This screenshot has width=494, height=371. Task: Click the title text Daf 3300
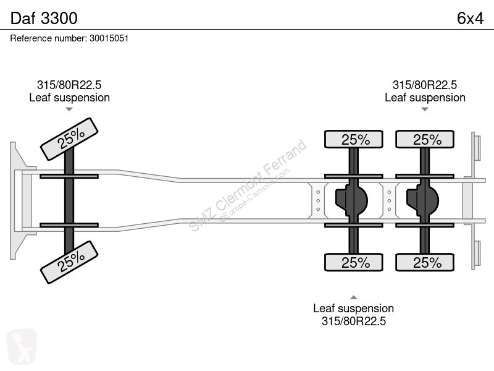click(x=44, y=18)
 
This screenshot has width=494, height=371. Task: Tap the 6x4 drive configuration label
click(x=470, y=19)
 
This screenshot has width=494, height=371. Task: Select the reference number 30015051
click(x=109, y=38)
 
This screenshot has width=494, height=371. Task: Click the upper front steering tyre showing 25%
click(x=69, y=139)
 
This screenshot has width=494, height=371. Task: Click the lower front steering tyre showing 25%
click(x=69, y=262)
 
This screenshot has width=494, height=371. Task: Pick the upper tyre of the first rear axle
click(x=353, y=139)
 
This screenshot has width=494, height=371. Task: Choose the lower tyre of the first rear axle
click(x=353, y=262)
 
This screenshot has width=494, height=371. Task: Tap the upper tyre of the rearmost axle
click(x=425, y=139)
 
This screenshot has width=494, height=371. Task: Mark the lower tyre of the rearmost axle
click(x=425, y=262)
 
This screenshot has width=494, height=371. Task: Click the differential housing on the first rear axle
click(x=351, y=200)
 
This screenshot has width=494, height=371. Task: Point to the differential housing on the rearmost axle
click(x=423, y=200)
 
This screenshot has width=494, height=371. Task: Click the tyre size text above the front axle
click(x=69, y=85)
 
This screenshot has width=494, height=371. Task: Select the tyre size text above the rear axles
click(x=425, y=85)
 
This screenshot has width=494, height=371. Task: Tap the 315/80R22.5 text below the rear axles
click(x=353, y=321)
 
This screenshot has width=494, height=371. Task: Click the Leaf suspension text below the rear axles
click(x=353, y=308)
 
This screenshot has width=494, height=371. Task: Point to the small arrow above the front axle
click(x=69, y=109)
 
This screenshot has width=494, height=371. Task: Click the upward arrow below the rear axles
click(x=353, y=297)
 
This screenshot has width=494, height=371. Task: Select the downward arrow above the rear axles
click(x=425, y=109)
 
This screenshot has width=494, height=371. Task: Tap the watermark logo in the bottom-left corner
click(x=22, y=346)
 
